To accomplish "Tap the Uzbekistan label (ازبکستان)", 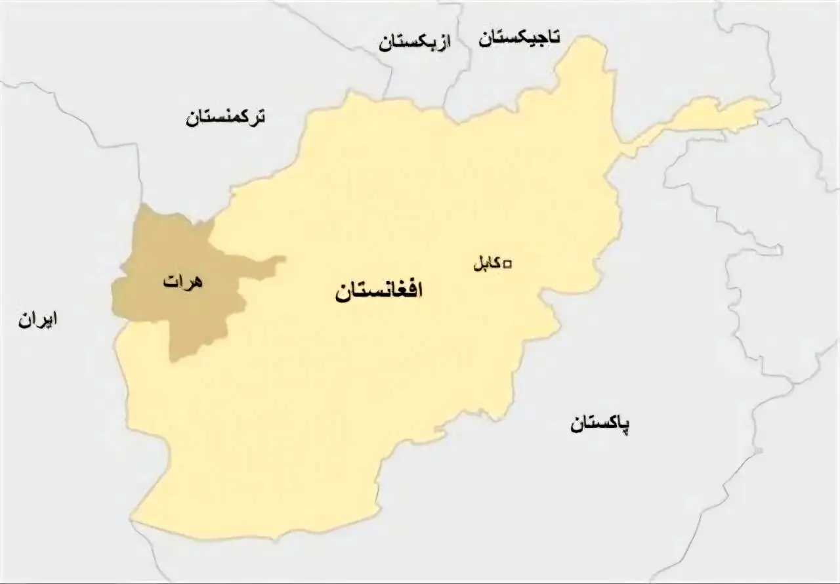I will tap(415, 43).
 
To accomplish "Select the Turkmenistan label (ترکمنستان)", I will tap(226, 118).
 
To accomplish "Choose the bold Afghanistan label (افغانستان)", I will tap(379, 291).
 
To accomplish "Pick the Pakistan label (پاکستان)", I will tap(599, 424).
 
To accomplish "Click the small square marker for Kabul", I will tap(507, 264).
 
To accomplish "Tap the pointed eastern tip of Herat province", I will tap(284, 259).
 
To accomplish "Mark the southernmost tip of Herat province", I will tap(172, 360).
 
